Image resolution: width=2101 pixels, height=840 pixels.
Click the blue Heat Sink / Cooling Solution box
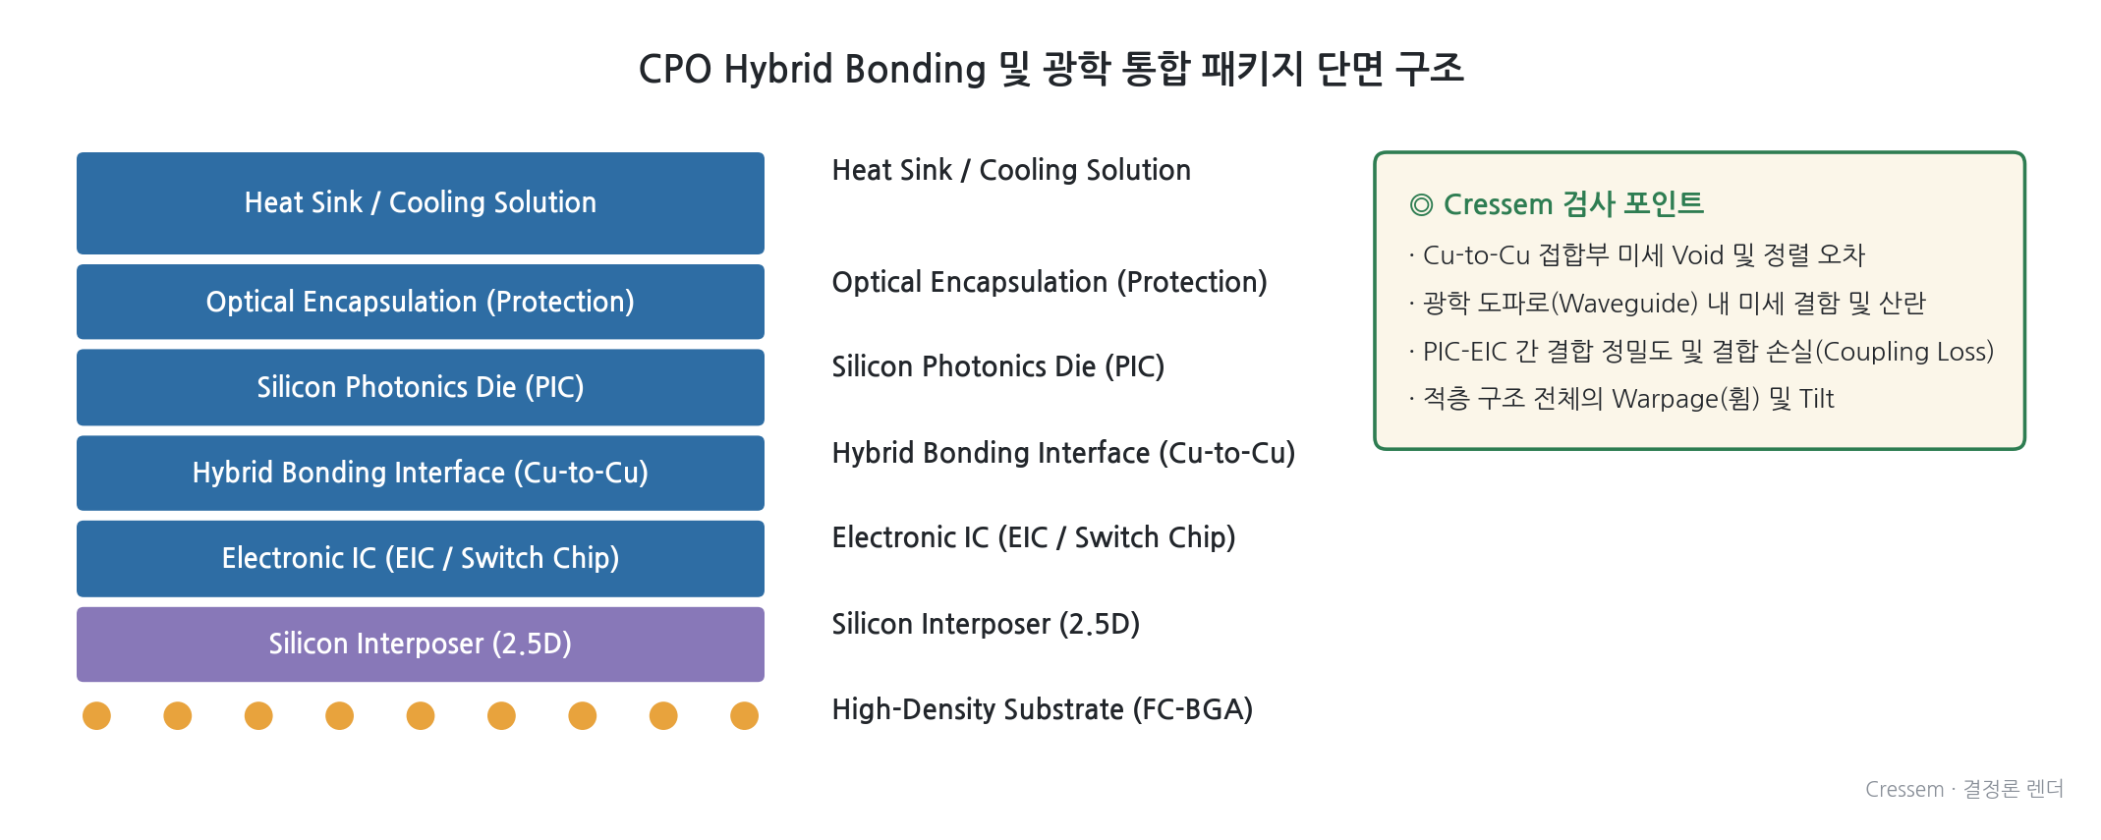tap(421, 203)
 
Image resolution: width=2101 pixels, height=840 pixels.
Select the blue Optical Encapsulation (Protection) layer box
tap(421, 302)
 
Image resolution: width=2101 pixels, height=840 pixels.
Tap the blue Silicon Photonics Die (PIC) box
tap(421, 387)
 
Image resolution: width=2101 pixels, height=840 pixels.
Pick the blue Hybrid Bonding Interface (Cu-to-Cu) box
tap(421, 473)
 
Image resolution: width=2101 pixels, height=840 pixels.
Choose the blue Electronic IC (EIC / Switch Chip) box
tap(421, 558)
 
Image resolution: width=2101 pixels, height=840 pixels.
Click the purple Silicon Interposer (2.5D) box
tap(421, 644)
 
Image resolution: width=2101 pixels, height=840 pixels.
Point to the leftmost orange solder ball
tap(96, 715)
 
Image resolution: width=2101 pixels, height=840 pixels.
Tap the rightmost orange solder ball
tap(744, 715)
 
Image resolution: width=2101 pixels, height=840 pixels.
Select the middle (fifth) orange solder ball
tap(421, 715)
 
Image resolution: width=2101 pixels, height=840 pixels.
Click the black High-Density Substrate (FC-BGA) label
tap(1043, 709)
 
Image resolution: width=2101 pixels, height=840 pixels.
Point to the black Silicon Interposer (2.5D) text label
tap(986, 624)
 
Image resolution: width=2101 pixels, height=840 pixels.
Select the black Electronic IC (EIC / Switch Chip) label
tap(1034, 537)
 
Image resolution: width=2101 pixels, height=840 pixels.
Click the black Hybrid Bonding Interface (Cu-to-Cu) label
tap(1063, 453)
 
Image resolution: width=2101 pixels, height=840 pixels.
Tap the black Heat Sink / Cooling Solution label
tap(1011, 170)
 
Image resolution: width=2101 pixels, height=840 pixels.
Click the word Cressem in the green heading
tap(1498, 204)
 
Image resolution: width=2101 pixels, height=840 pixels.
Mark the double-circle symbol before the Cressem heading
tap(1421, 204)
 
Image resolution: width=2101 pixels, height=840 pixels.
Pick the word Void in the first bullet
tap(1698, 255)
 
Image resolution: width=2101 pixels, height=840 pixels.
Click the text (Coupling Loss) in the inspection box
tap(1904, 352)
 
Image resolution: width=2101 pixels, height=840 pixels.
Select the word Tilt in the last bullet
tap(1817, 399)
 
